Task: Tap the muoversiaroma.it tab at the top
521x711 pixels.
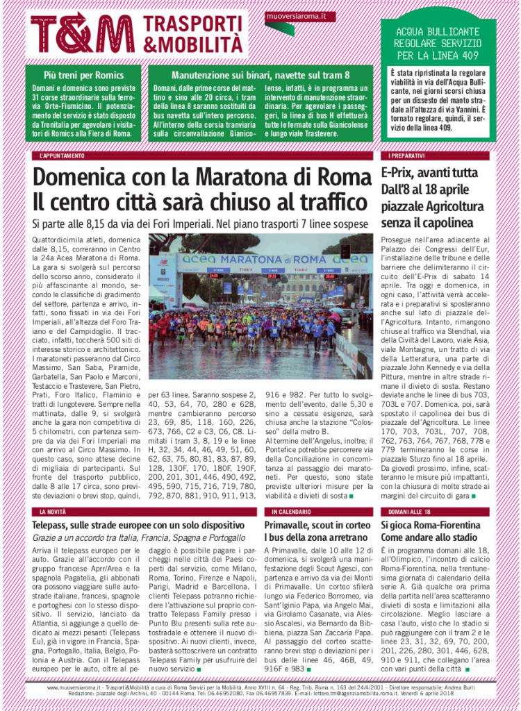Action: tap(300, 15)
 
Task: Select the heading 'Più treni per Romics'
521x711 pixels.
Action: tap(83, 75)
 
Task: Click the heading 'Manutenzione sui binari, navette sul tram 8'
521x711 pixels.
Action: tap(260, 75)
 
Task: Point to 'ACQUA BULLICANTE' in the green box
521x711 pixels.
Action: tap(438, 32)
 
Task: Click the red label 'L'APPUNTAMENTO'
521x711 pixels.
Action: tap(63, 156)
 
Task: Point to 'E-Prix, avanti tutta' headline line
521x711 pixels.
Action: tap(429, 173)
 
